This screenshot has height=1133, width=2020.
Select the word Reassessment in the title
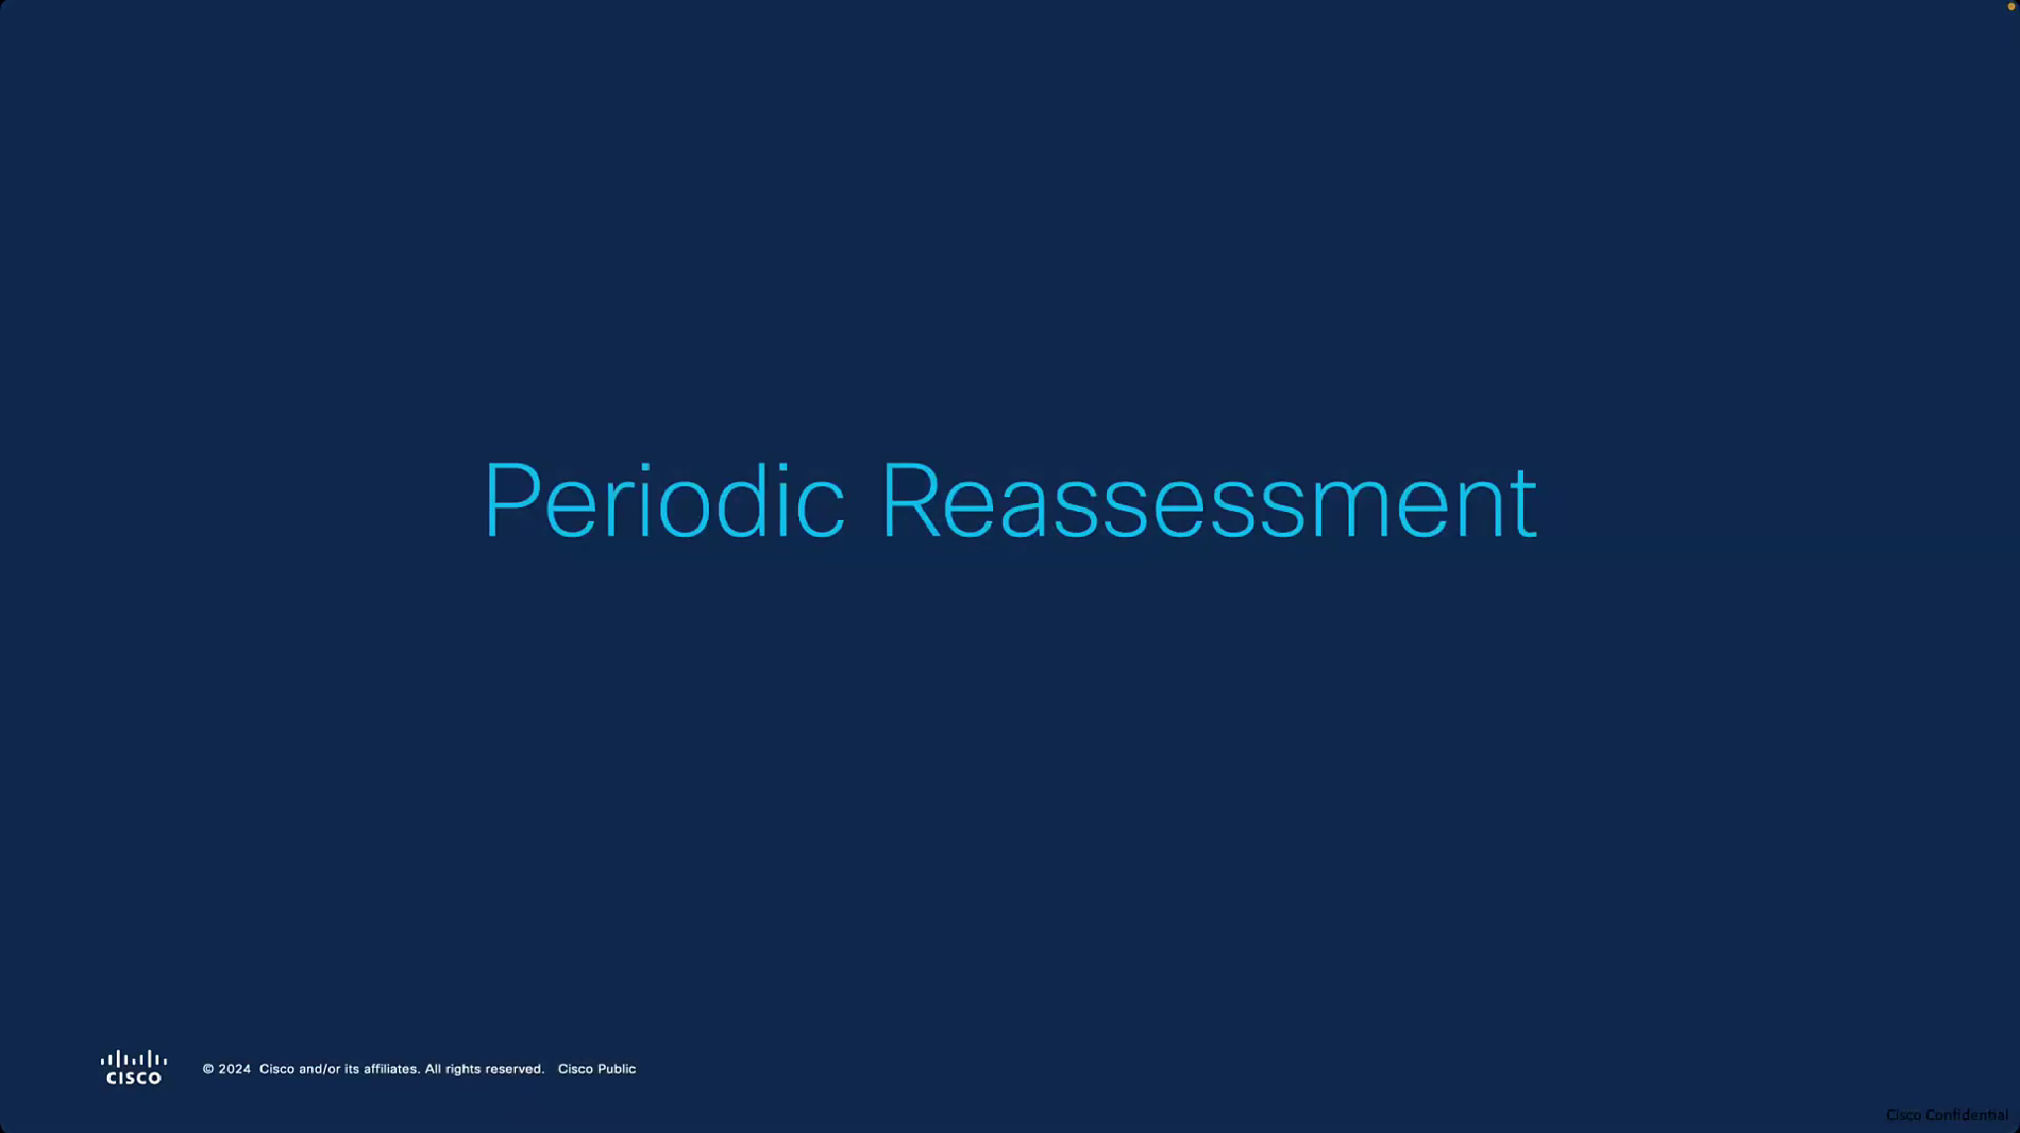click(1209, 502)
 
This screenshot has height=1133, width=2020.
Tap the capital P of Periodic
click(512, 500)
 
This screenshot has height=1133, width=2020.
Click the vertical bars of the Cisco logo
click(134, 1059)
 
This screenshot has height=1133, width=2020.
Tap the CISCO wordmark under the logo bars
click(134, 1078)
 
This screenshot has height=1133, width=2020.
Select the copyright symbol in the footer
click(208, 1069)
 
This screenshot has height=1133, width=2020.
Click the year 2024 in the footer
click(235, 1069)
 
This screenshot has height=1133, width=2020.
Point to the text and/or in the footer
click(320, 1069)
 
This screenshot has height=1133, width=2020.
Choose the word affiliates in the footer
click(391, 1069)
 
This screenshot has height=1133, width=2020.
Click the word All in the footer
click(433, 1069)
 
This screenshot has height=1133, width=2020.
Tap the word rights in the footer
click(463, 1070)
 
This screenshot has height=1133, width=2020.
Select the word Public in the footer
click(617, 1069)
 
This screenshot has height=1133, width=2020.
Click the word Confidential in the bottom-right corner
click(1967, 1115)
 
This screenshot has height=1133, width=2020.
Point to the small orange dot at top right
click(2011, 7)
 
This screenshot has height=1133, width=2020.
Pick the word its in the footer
click(352, 1069)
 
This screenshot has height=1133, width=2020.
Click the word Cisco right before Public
click(575, 1069)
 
